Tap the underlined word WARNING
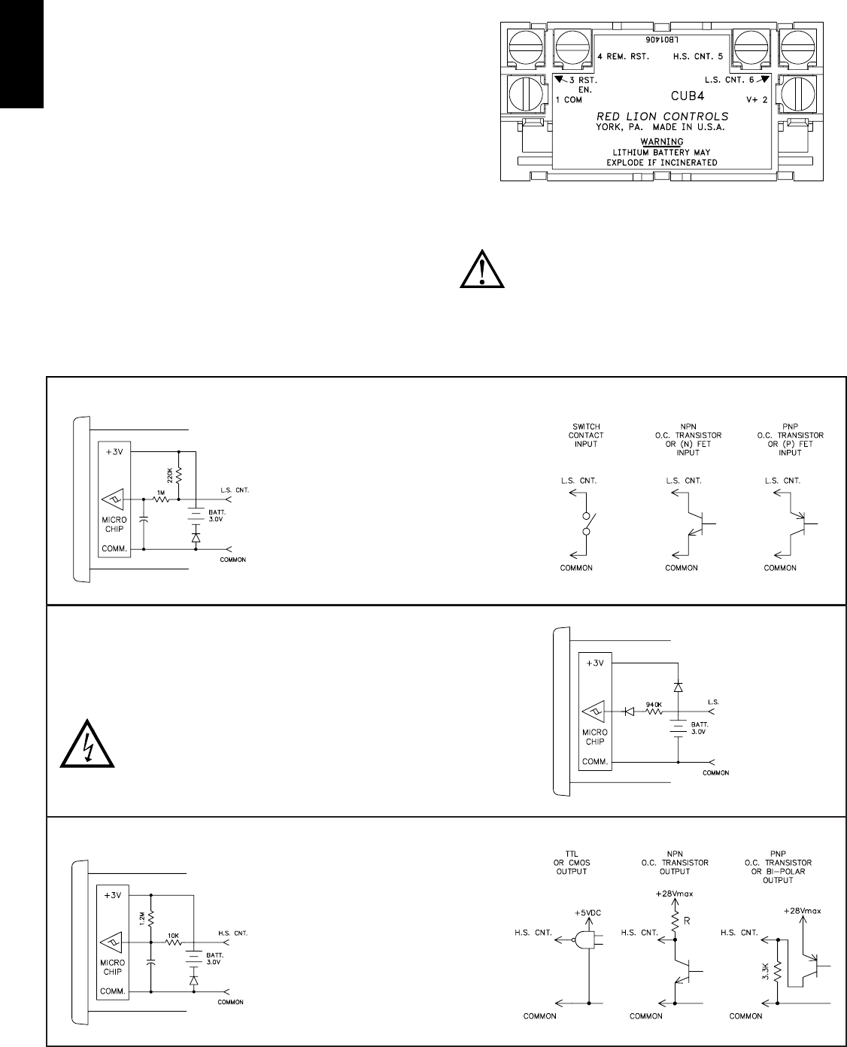662,141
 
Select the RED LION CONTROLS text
662,117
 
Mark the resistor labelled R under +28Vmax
675,918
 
